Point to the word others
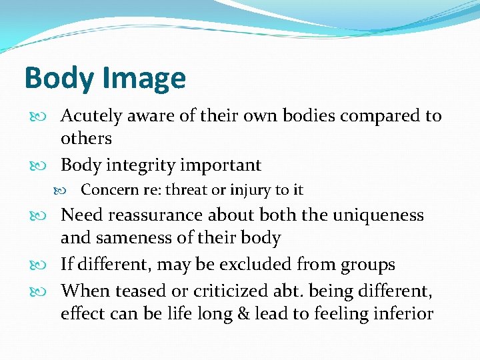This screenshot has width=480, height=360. tap(86, 139)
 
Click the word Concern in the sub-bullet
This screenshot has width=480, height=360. tap(108, 190)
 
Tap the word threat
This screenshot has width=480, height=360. tap(186, 190)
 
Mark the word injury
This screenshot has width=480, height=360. tap(250, 190)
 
